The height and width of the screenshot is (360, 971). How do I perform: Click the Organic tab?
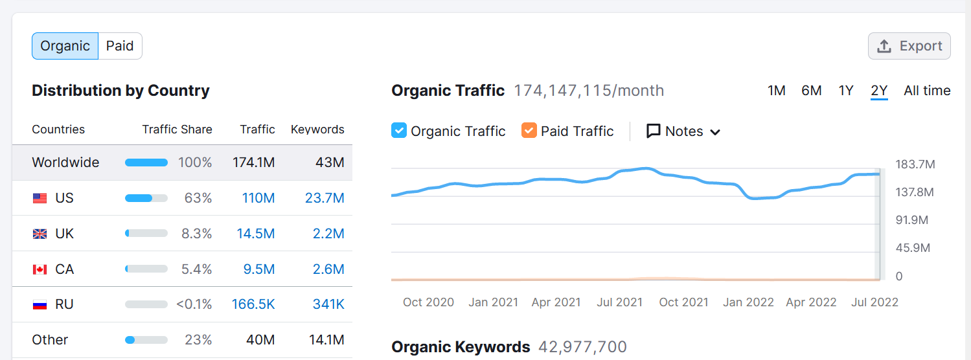tap(65, 46)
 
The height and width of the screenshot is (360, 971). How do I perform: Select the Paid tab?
tap(120, 46)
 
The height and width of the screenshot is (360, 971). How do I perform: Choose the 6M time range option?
tap(811, 91)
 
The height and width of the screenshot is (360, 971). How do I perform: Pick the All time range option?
tap(927, 91)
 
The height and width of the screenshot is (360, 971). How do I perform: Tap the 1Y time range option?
tap(845, 91)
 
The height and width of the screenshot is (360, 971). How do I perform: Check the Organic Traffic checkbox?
tap(399, 131)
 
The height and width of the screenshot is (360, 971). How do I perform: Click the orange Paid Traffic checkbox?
tap(529, 131)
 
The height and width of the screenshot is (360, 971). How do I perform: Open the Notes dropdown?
tap(683, 131)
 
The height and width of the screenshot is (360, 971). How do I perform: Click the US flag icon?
tap(40, 199)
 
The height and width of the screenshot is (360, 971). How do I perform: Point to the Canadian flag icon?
tap(40, 269)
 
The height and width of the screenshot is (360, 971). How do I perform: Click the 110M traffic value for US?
tap(258, 198)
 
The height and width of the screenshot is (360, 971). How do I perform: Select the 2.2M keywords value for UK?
tap(328, 234)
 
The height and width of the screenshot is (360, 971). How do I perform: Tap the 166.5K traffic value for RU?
tap(253, 304)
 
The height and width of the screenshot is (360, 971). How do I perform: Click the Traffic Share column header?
tap(177, 129)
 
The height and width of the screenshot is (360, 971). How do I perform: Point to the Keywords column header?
tap(317, 129)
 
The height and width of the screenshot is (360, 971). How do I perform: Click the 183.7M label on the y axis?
tap(915, 164)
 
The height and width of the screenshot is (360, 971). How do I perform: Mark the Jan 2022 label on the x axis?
tap(748, 302)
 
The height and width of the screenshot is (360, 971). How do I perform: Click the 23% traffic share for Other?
tap(198, 340)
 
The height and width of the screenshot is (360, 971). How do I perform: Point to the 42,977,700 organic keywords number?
tap(582, 347)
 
